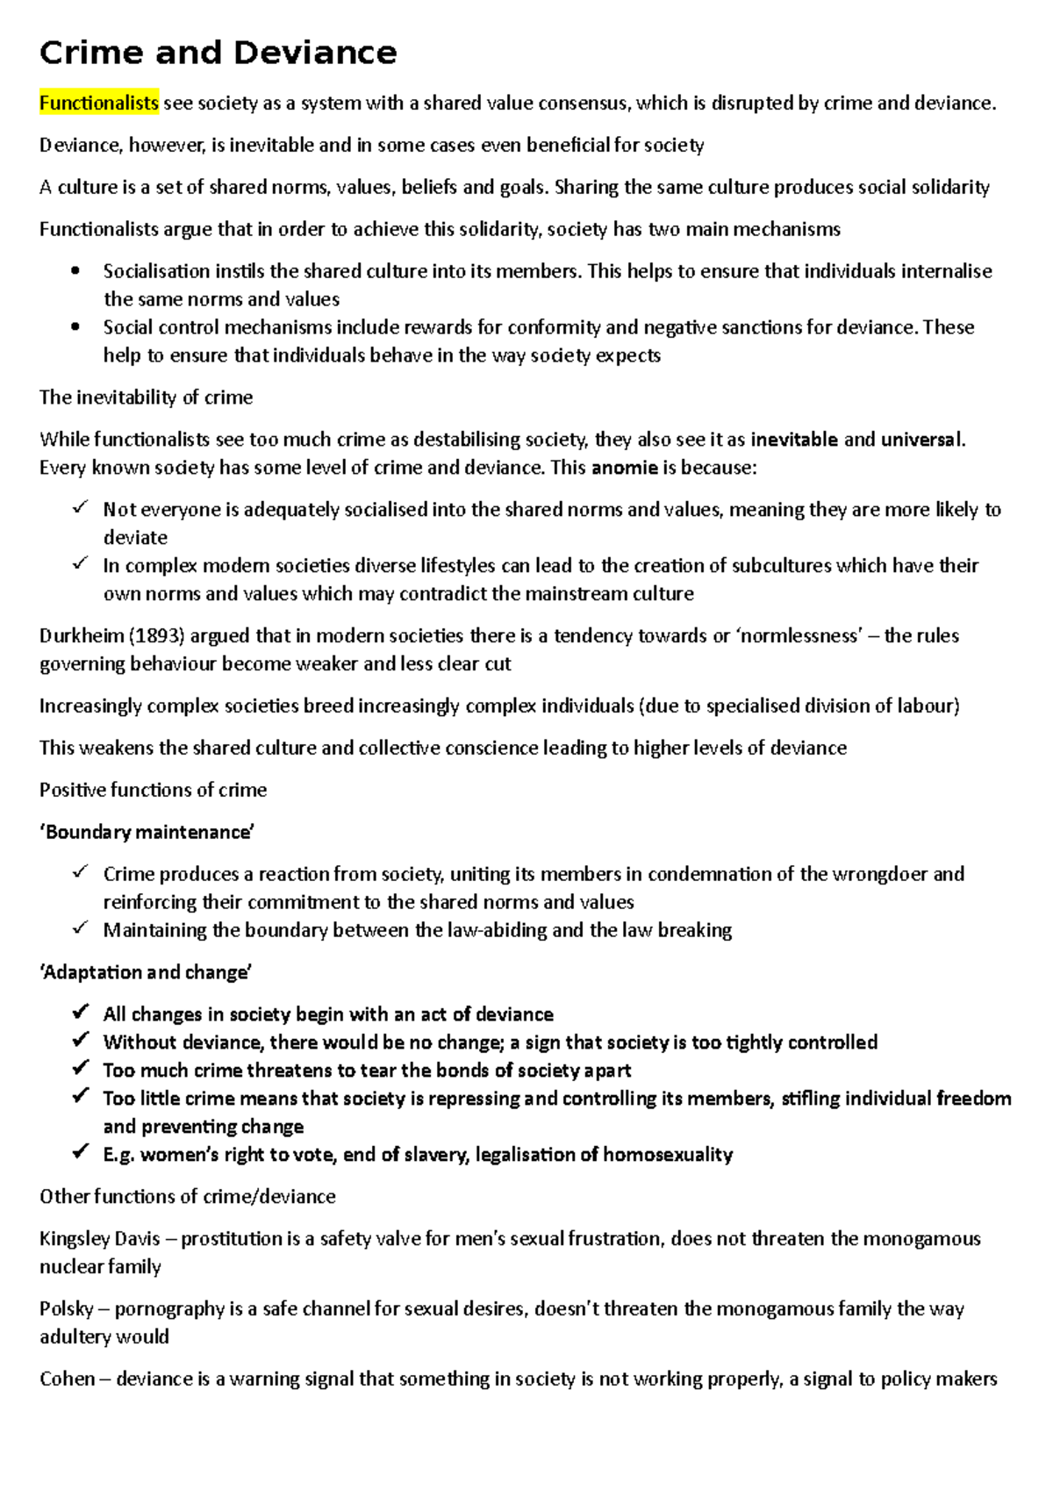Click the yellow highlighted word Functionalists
coord(99,104)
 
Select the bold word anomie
coord(624,467)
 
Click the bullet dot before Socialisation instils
coord(75,271)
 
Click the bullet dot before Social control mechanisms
coord(75,327)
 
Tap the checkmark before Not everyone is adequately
coord(80,507)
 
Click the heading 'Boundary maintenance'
coord(147,832)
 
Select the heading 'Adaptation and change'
coord(146,972)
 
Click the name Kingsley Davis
coord(99,1239)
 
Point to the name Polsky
coord(66,1309)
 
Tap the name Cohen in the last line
coord(67,1379)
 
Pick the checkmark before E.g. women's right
coord(80,1152)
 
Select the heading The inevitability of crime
coord(146,398)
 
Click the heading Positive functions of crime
coord(153,790)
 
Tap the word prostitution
coord(231,1239)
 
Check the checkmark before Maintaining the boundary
coord(80,928)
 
